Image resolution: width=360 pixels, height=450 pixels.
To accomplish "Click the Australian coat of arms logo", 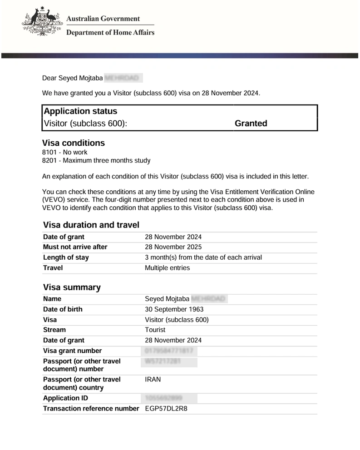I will pos(42,22).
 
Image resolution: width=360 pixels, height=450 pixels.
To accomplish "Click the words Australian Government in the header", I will pos(103,19).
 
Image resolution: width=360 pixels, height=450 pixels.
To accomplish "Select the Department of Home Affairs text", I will pos(110,32).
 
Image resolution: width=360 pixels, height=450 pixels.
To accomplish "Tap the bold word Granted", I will pos(251,124).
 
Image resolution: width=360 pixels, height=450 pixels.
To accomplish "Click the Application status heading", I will pos(80,111).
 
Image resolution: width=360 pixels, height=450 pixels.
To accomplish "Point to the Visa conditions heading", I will pos(73,143).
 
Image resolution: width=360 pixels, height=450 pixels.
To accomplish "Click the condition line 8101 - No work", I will pos(64,153).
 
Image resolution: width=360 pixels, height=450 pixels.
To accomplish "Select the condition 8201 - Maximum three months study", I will pos(96,161).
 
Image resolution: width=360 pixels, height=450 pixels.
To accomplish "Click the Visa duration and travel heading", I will pos(91,225).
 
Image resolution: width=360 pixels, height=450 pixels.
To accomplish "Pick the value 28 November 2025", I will pos(173,247).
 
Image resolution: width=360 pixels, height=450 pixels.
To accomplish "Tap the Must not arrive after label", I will pos(75,247).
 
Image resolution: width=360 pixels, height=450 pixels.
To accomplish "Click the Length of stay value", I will pos(203,257).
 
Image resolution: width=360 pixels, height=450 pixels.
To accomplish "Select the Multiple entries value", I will pos(167,268).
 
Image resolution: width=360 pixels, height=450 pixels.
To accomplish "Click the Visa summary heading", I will pos(72,287).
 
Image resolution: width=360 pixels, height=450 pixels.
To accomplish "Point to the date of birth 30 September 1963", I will pos(174,309).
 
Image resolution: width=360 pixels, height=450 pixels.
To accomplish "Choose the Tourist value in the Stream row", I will pos(155,330).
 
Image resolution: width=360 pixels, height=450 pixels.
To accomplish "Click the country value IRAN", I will pos(153,380).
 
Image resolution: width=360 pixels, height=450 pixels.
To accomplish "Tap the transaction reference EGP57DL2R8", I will pos(166,409).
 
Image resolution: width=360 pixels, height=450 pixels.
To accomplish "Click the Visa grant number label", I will pos(72,351).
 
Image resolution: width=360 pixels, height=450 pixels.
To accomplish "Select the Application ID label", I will pos(65,398).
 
